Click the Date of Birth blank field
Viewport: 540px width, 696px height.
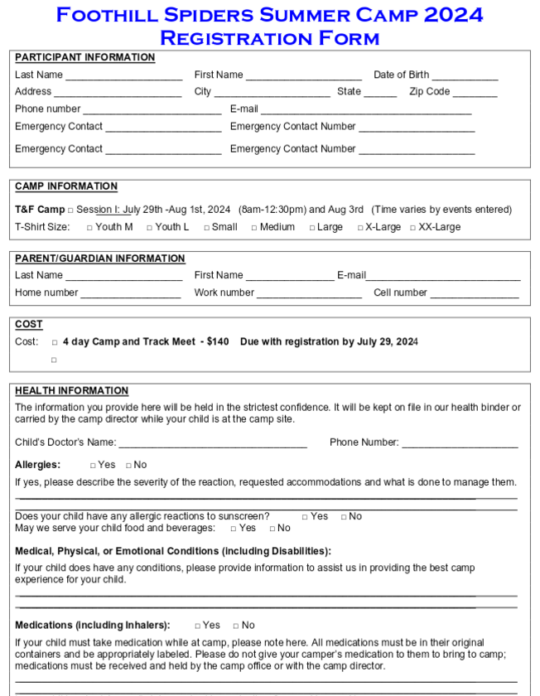coord(465,76)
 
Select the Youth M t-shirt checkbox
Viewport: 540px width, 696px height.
coord(89,228)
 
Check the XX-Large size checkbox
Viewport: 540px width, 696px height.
coord(412,228)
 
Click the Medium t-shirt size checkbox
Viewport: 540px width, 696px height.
coord(254,228)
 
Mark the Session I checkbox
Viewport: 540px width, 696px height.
coord(70,210)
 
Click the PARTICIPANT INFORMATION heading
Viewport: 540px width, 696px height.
coord(84,57)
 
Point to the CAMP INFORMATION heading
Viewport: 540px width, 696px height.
coord(66,186)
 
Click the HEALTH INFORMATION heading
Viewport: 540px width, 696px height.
coord(71,390)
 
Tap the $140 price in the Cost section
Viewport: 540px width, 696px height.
coord(218,341)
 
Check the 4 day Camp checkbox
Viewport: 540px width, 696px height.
coord(55,342)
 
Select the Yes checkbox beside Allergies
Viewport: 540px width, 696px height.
coord(93,466)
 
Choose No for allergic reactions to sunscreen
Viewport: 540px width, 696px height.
coord(344,517)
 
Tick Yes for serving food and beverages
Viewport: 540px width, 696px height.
coord(234,529)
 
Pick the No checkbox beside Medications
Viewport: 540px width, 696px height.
coord(236,626)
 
